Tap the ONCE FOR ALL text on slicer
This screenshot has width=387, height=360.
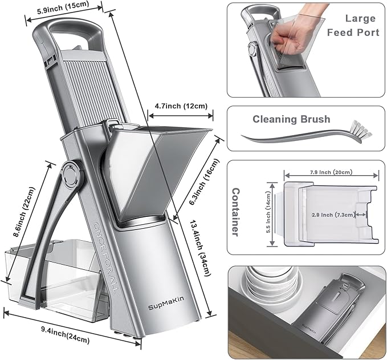pyautogui.click(x=107, y=252)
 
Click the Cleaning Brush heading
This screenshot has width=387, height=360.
pyautogui.click(x=291, y=119)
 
